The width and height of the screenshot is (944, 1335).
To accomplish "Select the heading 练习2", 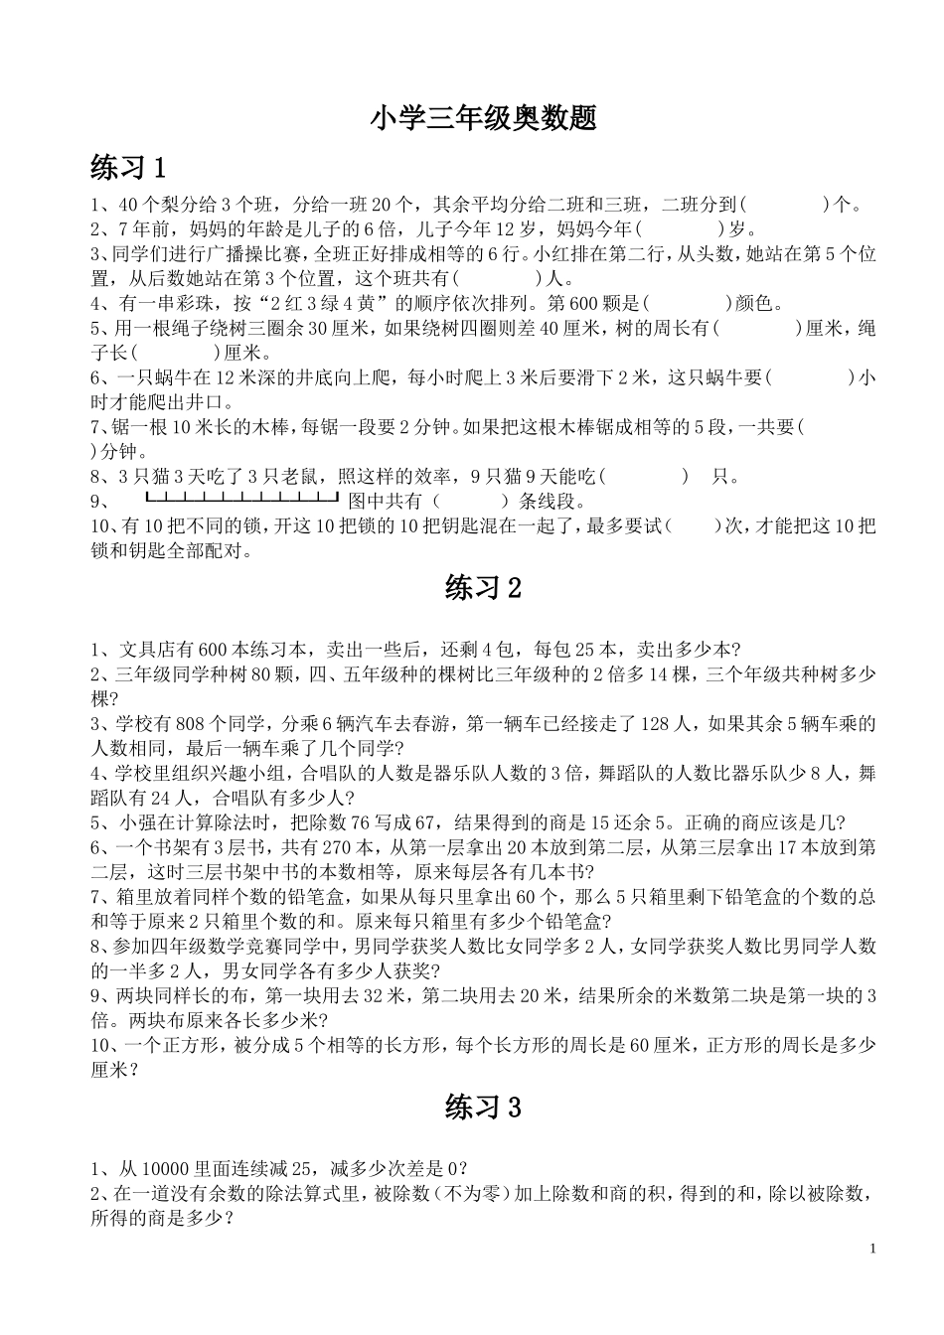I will [x=483, y=589].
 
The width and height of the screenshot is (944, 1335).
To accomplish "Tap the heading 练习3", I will [x=483, y=1108].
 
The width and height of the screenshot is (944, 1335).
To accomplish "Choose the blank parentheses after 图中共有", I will [x=471, y=502].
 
